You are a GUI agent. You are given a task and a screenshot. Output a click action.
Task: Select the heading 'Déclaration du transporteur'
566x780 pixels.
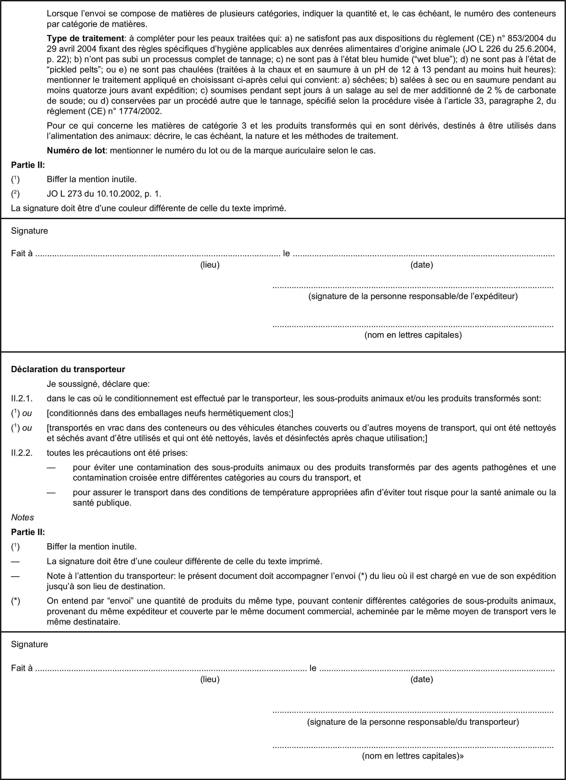[x=68, y=369]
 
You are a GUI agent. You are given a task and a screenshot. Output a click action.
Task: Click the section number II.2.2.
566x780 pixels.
[x=22, y=453]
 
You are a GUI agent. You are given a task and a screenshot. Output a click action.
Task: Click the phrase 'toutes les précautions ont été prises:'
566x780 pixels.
[x=117, y=453]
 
